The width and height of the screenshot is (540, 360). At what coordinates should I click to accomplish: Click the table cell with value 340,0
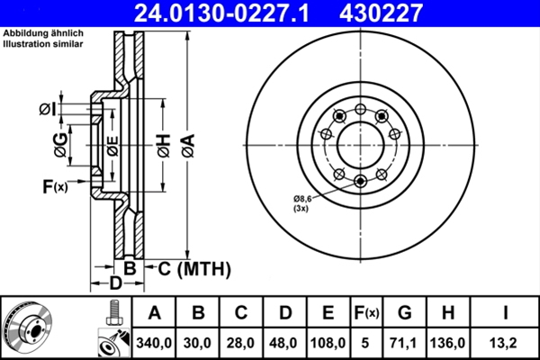(x=154, y=343)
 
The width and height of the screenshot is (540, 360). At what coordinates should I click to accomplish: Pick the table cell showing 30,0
(x=199, y=343)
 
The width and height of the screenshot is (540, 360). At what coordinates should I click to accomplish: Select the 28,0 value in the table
(x=241, y=343)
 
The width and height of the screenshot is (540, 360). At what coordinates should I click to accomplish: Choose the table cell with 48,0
(x=284, y=343)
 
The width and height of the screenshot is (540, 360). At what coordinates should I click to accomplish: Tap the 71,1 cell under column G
(x=404, y=343)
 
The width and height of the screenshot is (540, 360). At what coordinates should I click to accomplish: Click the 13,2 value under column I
(x=505, y=343)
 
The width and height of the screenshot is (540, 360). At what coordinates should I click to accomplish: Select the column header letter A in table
(x=154, y=313)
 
